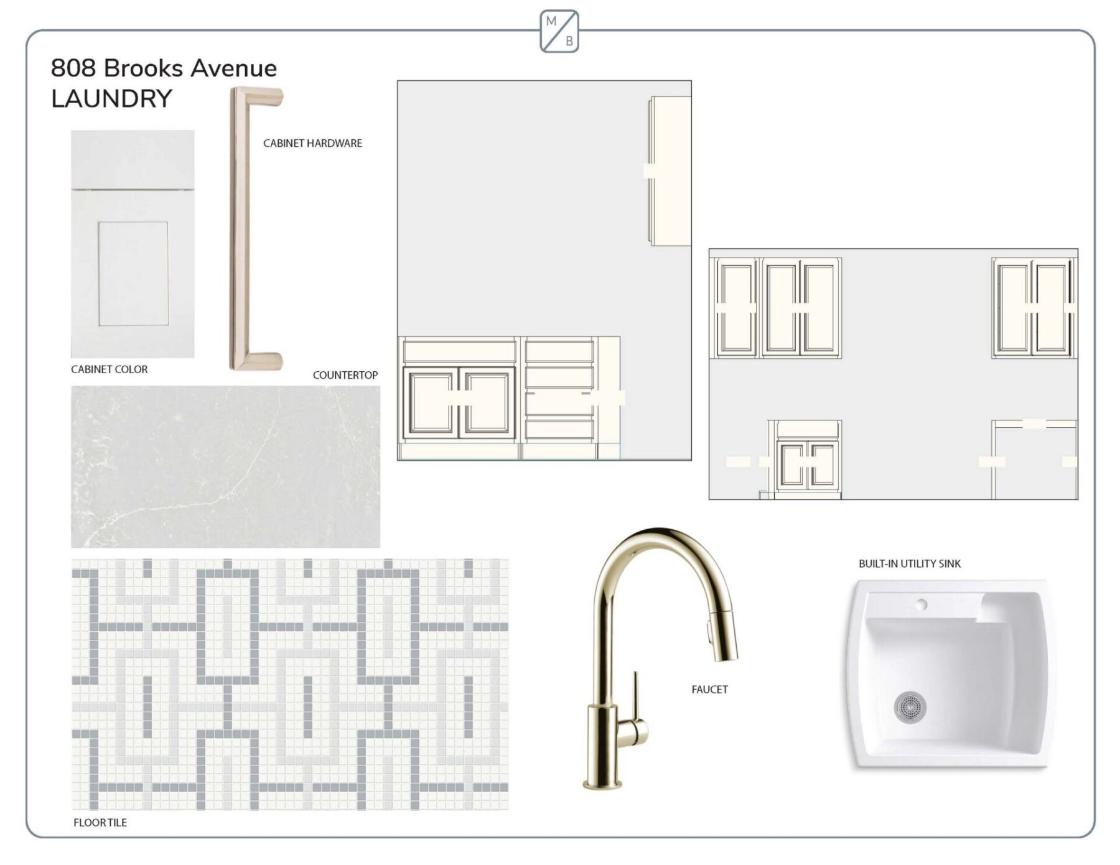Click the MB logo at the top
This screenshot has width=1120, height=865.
coord(559,31)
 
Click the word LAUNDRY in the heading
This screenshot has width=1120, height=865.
coord(112,99)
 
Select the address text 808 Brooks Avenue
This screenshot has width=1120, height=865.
coord(164,68)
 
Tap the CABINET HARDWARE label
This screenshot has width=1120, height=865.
coord(312,143)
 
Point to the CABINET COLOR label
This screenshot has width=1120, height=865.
coord(110,369)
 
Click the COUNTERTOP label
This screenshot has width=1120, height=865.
coord(345,375)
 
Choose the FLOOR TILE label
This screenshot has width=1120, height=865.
coord(100,822)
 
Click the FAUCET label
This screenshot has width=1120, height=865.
coord(709,689)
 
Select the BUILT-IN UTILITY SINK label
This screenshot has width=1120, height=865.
coord(910,563)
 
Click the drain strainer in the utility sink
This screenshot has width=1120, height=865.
coord(910,707)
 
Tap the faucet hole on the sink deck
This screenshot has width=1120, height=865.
coord(922,604)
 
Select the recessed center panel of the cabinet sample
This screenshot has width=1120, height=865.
coord(133,274)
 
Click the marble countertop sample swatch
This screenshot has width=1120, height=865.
coord(225,466)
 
